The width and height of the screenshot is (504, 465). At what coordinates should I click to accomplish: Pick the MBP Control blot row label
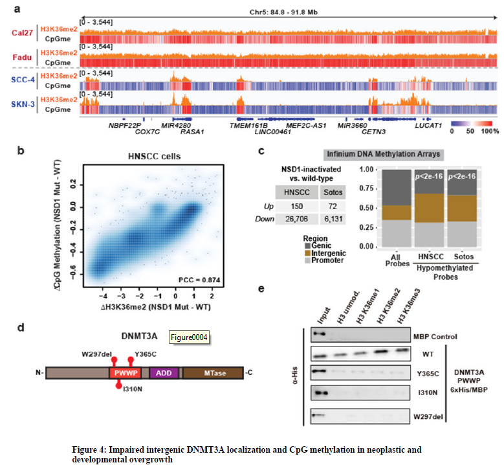point(435,337)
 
